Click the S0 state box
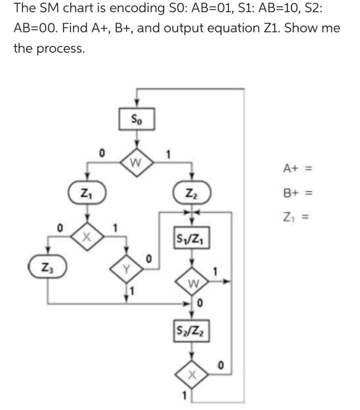tap(137, 118)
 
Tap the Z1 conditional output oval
tap(87, 193)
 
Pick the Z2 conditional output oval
tap(192, 193)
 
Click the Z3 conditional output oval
tap(48, 267)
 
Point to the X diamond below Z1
tap(87, 236)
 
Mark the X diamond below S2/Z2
tap(192, 376)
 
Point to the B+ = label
tap(297, 193)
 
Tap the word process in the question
tap(60, 49)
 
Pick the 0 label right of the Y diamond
tap(149, 259)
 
